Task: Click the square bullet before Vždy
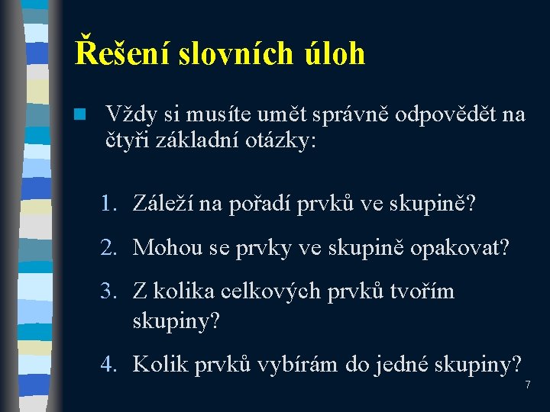(x=79, y=114)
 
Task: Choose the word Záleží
(x=163, y=204)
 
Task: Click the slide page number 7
(x=527, y=385)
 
